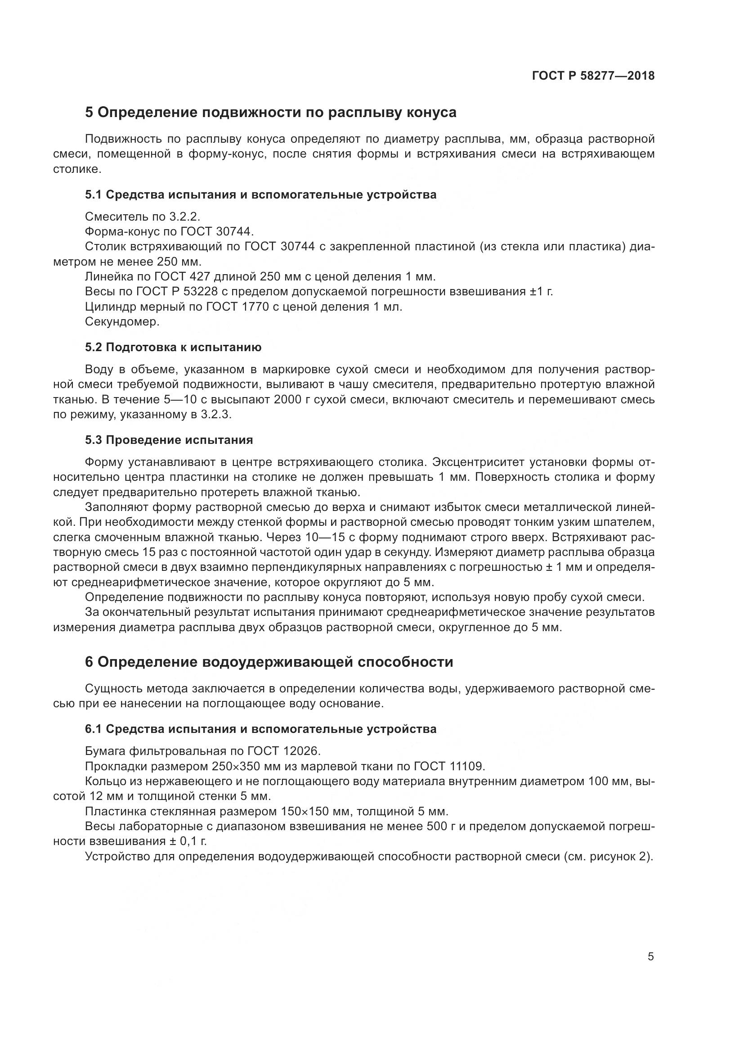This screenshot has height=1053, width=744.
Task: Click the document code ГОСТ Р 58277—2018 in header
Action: [593, 76]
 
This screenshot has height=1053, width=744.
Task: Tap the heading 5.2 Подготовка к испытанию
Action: [173, 347]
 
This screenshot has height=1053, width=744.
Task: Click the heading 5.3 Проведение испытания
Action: [169, 440]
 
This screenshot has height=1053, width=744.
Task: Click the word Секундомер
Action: [122, 322]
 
